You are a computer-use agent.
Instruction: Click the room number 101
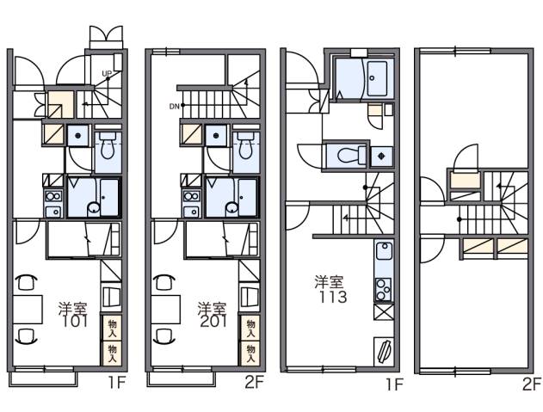(x=75, y=322)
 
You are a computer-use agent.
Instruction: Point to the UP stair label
(x=107, y=72)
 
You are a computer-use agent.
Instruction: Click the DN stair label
(x=174, y=107)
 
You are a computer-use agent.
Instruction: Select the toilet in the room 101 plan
(x=108, y=149)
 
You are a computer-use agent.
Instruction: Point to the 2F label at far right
(x=531, y=384)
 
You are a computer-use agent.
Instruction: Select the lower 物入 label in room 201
(x=250, y=350)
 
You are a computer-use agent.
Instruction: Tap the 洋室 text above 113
(x=329, y=282)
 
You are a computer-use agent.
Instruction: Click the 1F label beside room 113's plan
(x=393, y=384)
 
